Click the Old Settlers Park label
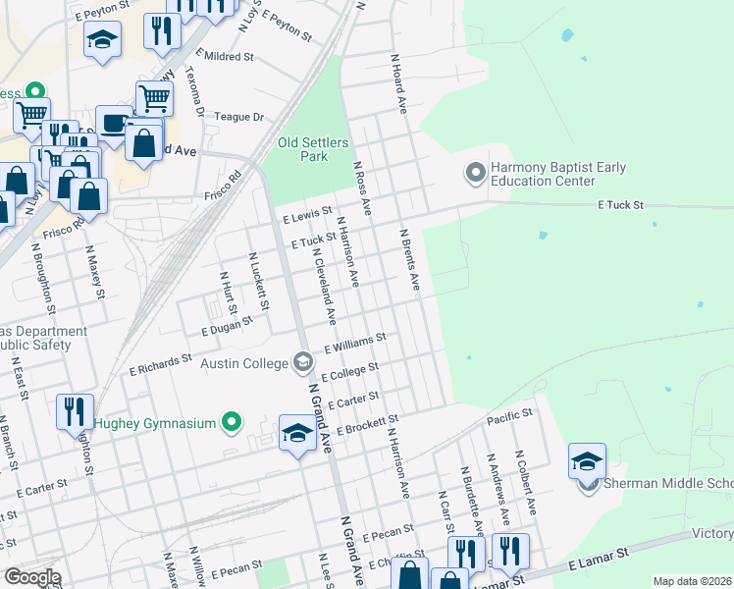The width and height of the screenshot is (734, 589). [313, 149]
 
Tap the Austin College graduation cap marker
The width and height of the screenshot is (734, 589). [304, 363]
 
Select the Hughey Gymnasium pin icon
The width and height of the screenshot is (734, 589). [233, 423]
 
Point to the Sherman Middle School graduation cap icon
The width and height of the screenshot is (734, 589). [587, 461]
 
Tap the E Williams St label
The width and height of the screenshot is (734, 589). [355, 343]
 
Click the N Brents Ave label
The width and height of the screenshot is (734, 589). [409, 260]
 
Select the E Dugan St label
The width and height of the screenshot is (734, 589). [227, 333]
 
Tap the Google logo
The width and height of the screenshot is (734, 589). [31, 576]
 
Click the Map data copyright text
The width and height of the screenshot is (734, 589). [692, 581]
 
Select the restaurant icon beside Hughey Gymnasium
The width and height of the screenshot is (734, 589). [75, 411]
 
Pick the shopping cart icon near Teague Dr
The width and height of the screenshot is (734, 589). [154, 97]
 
